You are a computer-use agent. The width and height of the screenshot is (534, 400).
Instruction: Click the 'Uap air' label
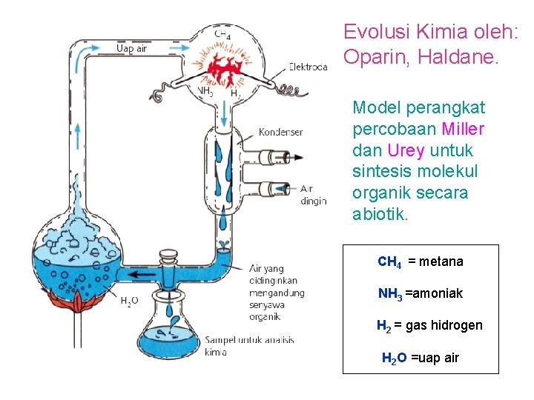click(x=133, y=49)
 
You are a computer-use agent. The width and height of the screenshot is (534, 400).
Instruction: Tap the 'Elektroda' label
click(x=309, y=66)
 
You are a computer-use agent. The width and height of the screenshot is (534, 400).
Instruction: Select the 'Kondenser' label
click(x=280, y=132)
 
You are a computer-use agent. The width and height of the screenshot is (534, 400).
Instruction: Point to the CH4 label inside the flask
click(x=222, y=35)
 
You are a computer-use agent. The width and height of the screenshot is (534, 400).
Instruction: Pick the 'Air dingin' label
click(x=314, y=195)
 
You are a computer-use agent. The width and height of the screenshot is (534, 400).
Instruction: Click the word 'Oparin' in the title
click(x=370, y=56)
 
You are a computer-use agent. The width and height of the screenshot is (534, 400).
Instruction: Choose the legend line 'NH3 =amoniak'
click(x=420, y=294)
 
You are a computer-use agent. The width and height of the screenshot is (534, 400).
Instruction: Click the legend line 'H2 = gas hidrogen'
click(x=429, y=326)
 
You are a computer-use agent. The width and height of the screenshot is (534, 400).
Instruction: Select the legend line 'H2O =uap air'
click(x=420, y=359)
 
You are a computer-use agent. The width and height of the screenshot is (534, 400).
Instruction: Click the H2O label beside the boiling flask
click(x=129, y=301)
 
